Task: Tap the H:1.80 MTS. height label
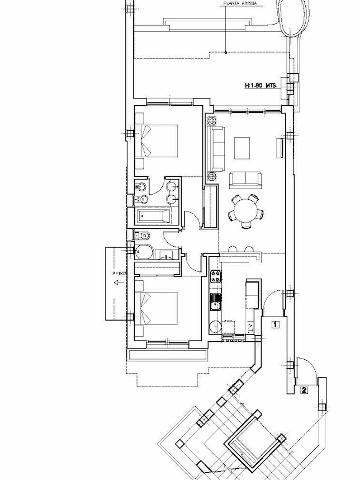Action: click(x=261, y=86)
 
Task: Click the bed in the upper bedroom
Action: click(x=158, y=140)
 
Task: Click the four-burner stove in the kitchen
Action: click(x=215, y=276)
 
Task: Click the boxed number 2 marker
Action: click(x=304, y=390)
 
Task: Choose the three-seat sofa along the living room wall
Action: click(x=216, y=149)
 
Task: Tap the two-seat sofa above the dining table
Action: click(x=245, y=179)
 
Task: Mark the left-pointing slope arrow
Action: click(x=117, y=283)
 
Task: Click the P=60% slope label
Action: click(x=120, y=274)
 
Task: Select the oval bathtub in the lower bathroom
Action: click(x=144, y=252)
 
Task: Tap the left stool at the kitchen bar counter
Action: click(x=232, y=248)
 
